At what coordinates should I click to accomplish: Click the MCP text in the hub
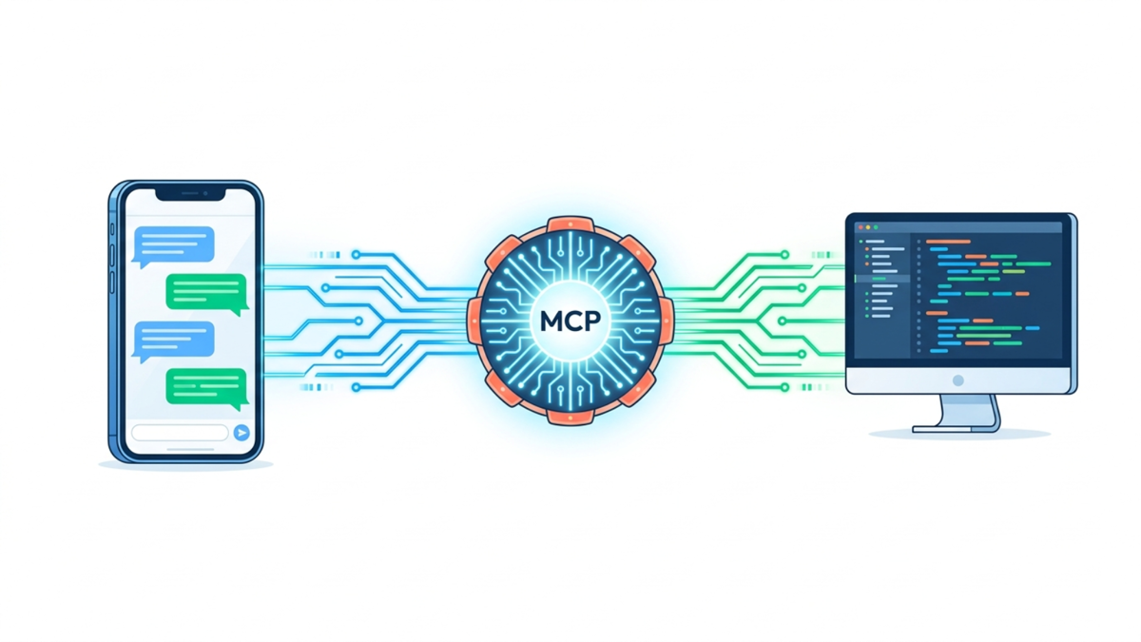click(x=570, y=321)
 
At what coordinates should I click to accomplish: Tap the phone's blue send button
click(x=242, y=433)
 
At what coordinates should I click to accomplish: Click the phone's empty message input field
click(x=180, y=433)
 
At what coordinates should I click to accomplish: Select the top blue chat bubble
click(x=173, y=246)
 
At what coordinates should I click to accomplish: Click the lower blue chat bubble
click(x=173, y=341)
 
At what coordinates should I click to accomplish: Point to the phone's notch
click(x=190, y=194)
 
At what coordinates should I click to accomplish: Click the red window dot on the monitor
click(x=861, y=227)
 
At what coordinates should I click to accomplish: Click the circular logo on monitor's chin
click(x=958, y=380)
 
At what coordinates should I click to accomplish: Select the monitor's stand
click(x=957, y=413)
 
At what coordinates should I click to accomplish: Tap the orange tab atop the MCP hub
click(x=570, y=224)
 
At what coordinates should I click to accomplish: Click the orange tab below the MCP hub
click(x=570, y=417)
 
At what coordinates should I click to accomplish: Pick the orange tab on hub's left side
click(x=474, y=321)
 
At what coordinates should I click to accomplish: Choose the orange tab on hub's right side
click(x=666, y=321)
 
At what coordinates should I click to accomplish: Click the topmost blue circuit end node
click(x=356, y=254)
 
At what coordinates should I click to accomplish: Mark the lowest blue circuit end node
click(x=356, y=388)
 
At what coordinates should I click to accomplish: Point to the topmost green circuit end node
click(x=785, y=254)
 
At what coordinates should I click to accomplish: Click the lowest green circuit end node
click(x=785, y=388)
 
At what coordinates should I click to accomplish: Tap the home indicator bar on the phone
click(x=190, y=449)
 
